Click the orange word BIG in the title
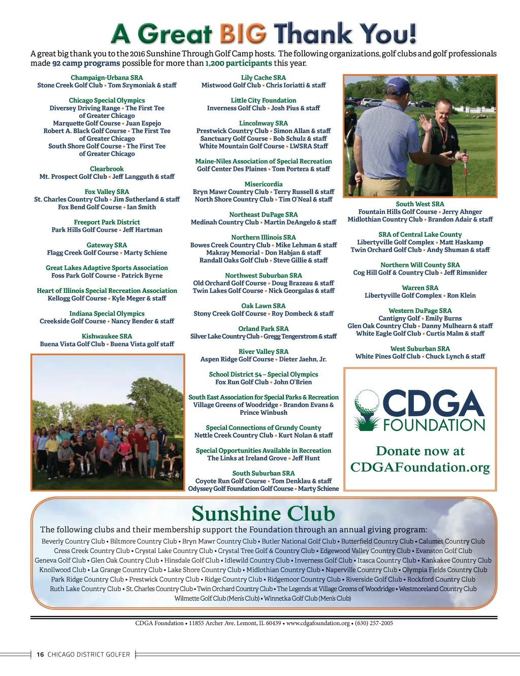tap(242, 34)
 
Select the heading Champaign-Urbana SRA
tap(107, 78)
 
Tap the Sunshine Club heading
tap(263, 513)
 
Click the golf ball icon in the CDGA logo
tap(367, 402)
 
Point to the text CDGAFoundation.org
tap(420, 467)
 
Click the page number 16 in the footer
tap(40, 655)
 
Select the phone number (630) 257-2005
tap(374, 623)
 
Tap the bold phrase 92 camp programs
tap(86, 64)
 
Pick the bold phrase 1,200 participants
tap(238, 64)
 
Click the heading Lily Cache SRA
tap(263, 78)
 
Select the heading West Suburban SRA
tap(420, 349)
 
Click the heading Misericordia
tap(263, 184)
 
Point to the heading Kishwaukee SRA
tap(107, 336)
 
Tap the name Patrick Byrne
tap(142, 275)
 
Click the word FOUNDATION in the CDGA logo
tap(434, 425)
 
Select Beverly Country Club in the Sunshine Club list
tap(73, 541)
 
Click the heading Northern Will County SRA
tap(420, 265)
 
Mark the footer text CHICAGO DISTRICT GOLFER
tap(88, 655)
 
